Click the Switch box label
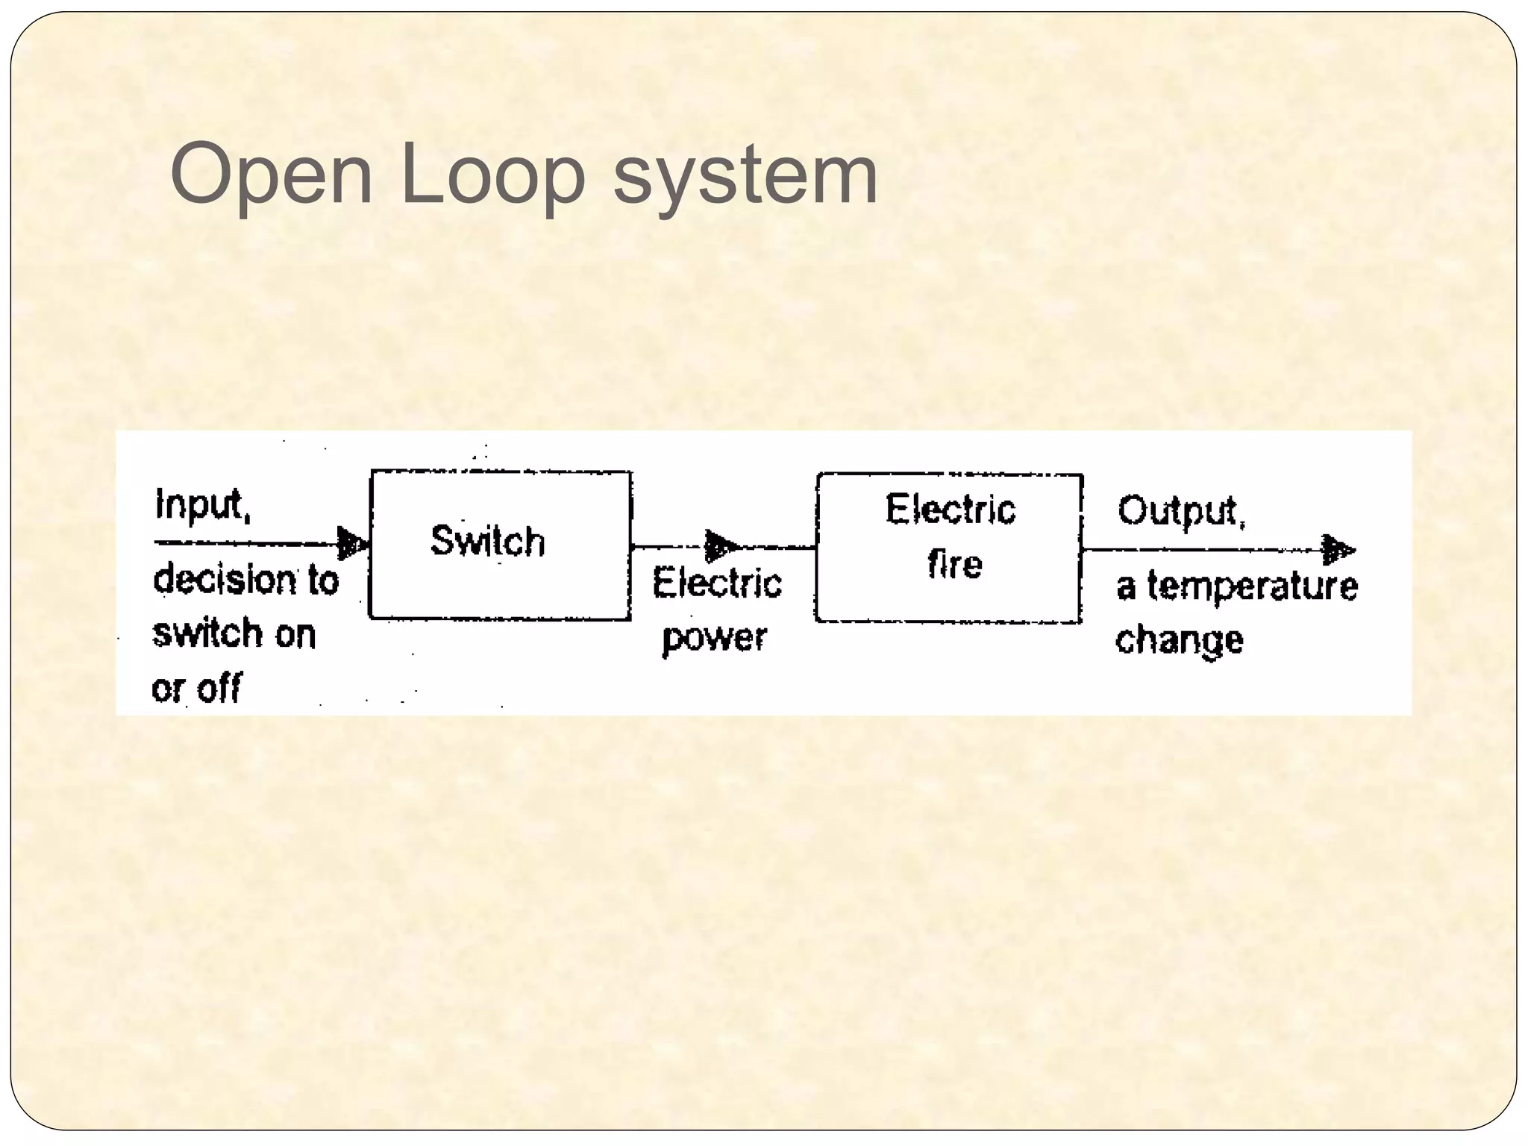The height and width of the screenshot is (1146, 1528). coord(488,541)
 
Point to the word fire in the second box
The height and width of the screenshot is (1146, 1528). coord(955,564)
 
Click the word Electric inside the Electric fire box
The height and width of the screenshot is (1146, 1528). coord(951,510)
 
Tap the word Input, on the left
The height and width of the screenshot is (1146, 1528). coord(202,505)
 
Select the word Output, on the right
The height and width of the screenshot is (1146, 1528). coord(1181,512)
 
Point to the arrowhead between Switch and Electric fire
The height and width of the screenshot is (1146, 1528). coord(721,546)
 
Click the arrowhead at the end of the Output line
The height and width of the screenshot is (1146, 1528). coord(1338,551)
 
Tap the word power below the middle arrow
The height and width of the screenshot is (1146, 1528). coord(714,639)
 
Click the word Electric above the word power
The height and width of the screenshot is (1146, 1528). coord(717,583)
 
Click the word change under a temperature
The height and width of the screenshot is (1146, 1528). coord(1180,641)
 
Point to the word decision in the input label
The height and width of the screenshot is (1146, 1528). coord(225,580)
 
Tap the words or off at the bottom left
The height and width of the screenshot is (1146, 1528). coord(197,688)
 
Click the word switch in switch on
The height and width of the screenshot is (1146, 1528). coord(207,634)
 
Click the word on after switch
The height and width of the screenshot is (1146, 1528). coord(296,635)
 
